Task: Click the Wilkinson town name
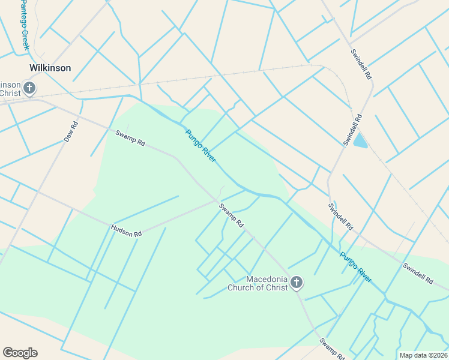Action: coord(50,68)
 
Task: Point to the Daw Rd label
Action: coord(71,132)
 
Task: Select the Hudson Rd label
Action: coord(126,230)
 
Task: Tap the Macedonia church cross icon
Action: coord(297,283)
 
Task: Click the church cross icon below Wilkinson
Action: coord(28,89)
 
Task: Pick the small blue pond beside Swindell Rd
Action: coord(360,141)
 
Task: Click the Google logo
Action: coord(20,353)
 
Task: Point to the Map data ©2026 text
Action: coord(423,355)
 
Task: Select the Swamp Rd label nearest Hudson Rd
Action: coord(231,215)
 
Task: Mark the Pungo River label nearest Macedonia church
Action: coord(356,267)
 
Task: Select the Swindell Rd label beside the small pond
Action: coord(353,129)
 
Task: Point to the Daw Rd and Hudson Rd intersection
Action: coord(37,192)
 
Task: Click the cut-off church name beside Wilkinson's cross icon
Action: coord(10,89)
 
